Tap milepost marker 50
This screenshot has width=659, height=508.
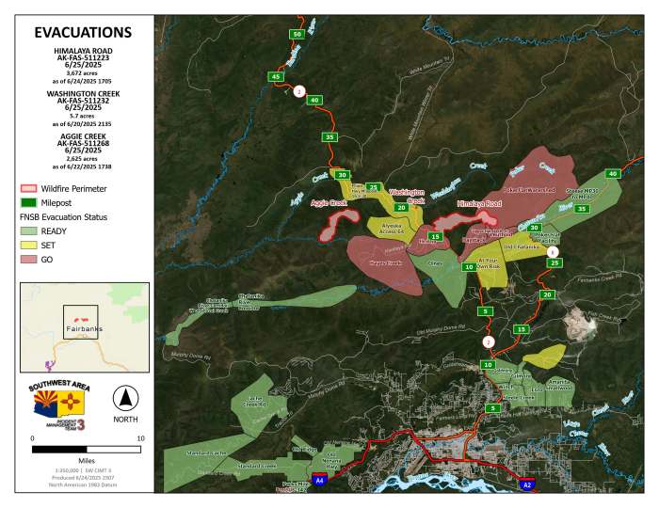point(297,34)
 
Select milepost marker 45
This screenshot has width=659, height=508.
point(275,76)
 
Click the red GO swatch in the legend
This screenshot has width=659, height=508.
point(30,260)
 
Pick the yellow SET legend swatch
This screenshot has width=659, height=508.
point(30,245)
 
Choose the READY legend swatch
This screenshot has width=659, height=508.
point(30,230)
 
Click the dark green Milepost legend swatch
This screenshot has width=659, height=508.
point(30,201)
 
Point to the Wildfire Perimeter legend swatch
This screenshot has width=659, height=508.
point(30,188)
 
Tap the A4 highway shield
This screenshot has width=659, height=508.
point(320,480)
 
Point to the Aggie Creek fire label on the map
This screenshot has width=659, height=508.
point(329,202)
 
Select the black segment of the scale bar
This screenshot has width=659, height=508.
point(58,451)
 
